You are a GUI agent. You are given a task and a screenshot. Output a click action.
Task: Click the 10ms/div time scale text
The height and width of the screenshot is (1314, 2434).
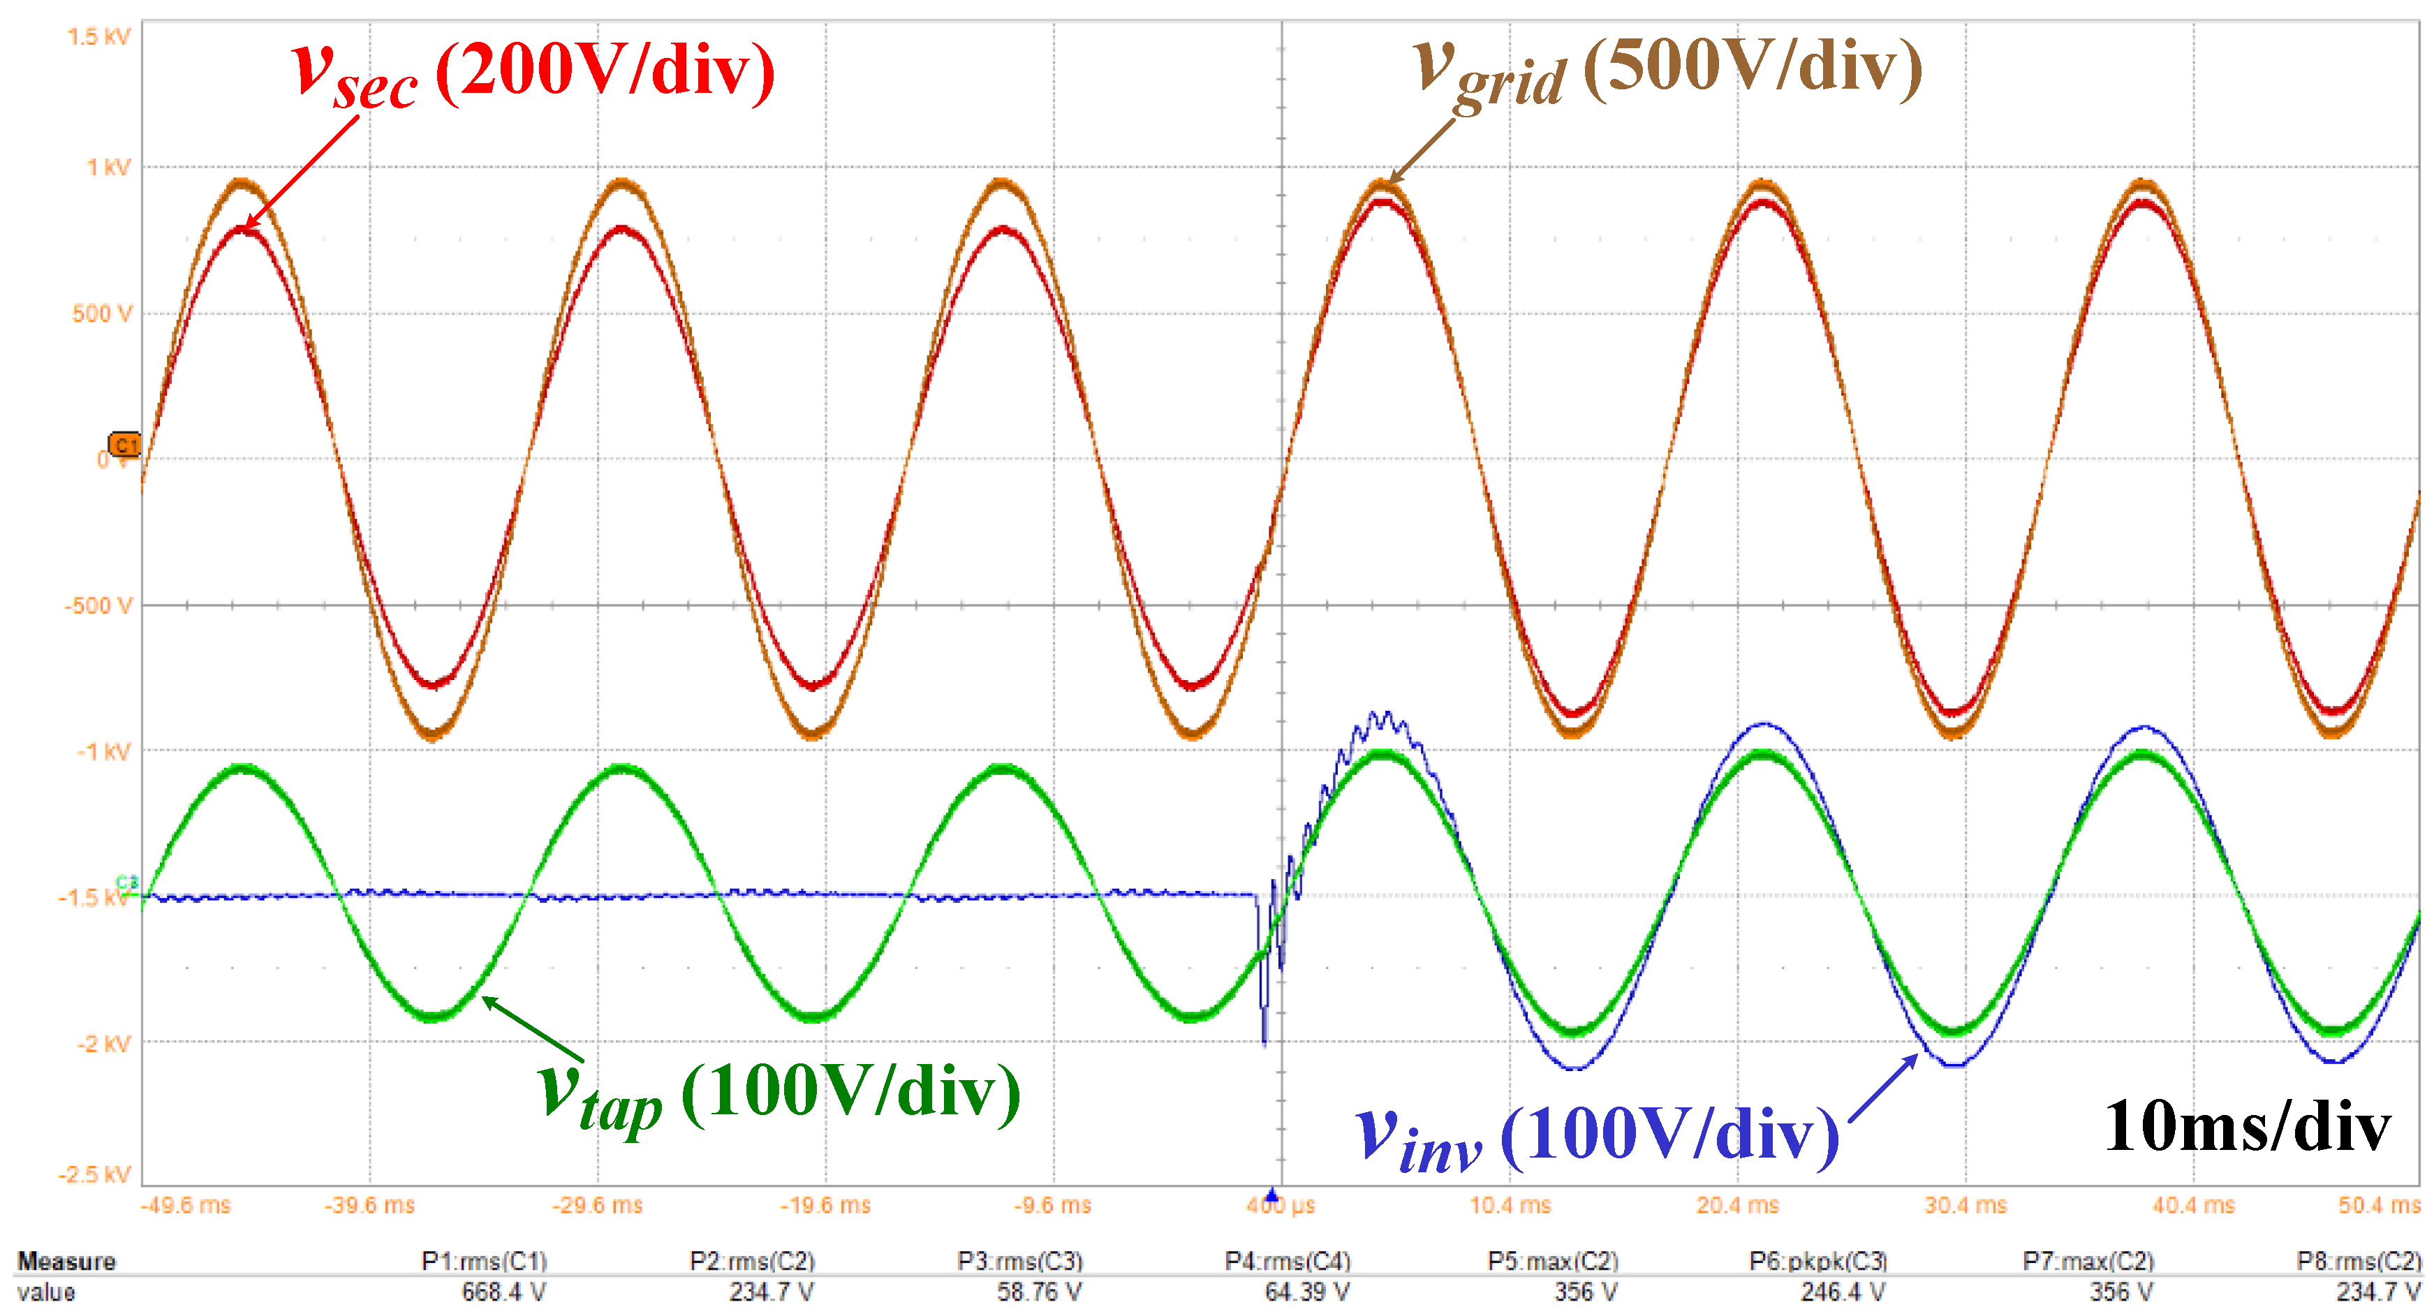[x=2247, y=1126]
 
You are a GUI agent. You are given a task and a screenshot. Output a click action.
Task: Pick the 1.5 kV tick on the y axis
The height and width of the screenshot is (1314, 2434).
[x=98, y=37]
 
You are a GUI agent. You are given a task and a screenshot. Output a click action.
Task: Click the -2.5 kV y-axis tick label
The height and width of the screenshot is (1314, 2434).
[x=94, y=1174]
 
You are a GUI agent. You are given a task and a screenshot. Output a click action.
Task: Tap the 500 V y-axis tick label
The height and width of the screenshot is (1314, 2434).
[x=102, y=313]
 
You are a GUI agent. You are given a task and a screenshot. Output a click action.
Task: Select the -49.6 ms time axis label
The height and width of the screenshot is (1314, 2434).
[x=185, y=1205]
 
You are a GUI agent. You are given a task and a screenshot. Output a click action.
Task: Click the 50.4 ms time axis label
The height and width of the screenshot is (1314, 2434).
[x=2380, y=1205]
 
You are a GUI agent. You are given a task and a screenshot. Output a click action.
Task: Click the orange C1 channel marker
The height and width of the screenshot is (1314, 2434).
[x=125, y=444]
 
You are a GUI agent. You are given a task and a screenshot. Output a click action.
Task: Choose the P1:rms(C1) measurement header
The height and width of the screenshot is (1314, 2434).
[x=484, y=1261]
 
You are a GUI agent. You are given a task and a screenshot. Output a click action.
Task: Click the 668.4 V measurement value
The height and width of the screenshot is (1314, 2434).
[x=503, y=1292]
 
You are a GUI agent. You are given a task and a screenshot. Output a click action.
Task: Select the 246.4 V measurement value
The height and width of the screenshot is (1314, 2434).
[x=1843, y=1292]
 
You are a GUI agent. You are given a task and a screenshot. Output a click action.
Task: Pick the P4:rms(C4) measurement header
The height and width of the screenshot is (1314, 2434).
[x=1288, y=1261]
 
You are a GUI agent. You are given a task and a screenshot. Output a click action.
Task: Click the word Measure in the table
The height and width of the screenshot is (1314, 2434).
[x=66, y=1261]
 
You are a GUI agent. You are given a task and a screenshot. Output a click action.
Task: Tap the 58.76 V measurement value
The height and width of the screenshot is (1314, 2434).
[x=1040, y=1292]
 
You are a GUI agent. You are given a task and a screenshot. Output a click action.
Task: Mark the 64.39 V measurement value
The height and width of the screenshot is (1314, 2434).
[x=1307, y=1292]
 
